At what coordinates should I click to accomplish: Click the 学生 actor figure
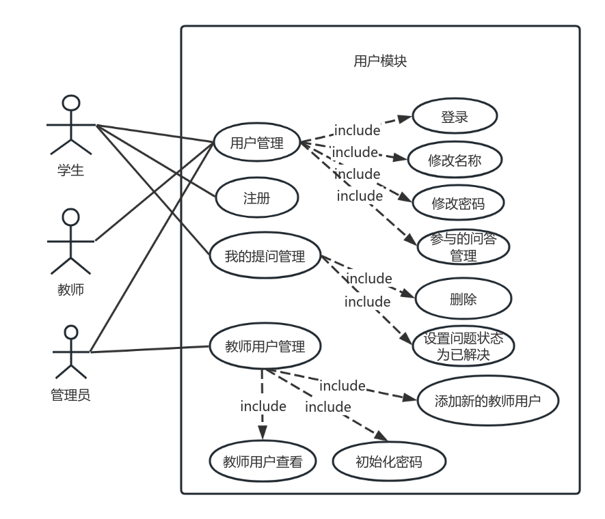coord(70,126)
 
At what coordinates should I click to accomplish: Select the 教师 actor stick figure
coord(70,241)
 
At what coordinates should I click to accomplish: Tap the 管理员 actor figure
coord(70,352)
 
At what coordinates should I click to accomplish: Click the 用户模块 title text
coord(380,61)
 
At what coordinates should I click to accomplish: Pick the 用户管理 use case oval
coord(256,143)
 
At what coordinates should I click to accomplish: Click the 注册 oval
coord(257,199)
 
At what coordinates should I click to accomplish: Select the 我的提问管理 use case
coord(264,256)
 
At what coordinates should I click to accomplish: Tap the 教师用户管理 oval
coord(264,346)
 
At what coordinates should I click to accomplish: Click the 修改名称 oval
coord(455,161)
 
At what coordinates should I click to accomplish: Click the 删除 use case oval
coord(463,298)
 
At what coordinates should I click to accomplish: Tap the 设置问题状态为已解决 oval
coord(463,347)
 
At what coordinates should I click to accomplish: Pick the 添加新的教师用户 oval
coord(487,400)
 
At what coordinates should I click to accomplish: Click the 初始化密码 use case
coord(389,462)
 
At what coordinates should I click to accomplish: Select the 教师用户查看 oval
coord(263,462)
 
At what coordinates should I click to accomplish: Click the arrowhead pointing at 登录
coord(406,117)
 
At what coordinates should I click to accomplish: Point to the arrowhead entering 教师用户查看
coord(263,435)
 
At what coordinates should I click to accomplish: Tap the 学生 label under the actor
coord(70,170)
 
